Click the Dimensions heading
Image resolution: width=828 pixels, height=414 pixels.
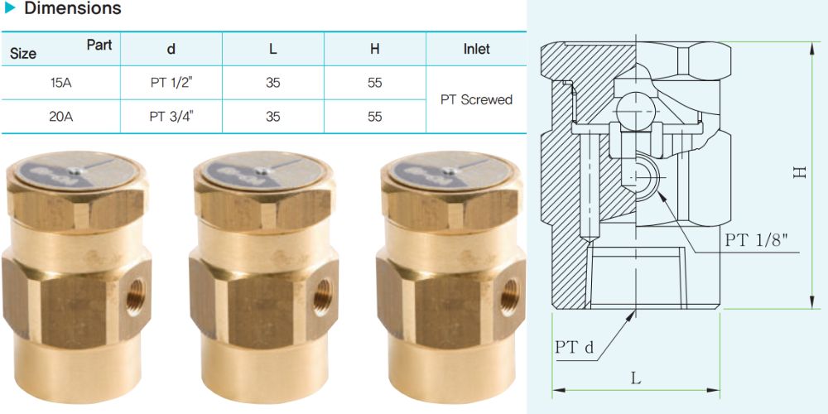tap(72, 9)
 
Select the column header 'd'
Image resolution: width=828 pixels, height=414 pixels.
tap(171, 49)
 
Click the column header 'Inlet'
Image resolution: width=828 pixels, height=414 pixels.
tap(476, 49)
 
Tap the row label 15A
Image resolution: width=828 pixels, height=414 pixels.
tap(60, 83)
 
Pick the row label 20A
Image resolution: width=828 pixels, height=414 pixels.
tap(60, 117)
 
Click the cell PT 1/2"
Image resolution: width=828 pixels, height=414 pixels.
tap(171, 83)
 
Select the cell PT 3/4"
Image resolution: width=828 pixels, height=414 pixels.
tap(171, 117)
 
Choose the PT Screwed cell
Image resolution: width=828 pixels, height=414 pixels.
tap(476, 99)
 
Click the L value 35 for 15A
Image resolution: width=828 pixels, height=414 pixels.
tap(272, 83)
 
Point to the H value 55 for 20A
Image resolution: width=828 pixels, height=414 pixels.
tap(375, 117)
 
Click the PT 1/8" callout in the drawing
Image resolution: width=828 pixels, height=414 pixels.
tap(756, 241)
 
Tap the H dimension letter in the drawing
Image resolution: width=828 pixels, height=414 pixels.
tap(800, 173)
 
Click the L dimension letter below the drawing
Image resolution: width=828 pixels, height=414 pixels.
tap(635, 379)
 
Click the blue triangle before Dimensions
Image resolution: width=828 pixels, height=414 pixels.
tap(9, 9)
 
